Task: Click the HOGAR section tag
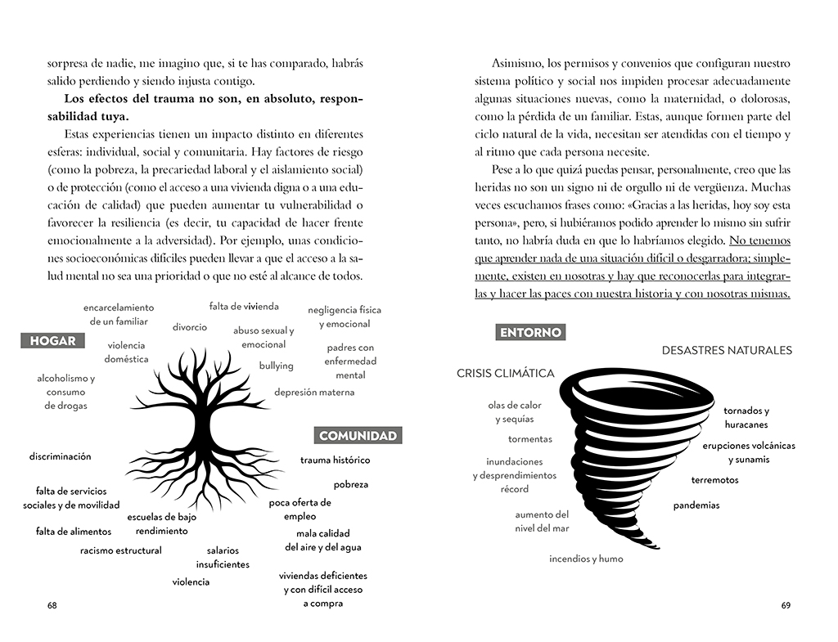[x=52, y=341]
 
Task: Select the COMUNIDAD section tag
[x=358, y=436]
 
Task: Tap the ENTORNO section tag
[x=530, y=332]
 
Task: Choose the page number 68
[x=52, y=606]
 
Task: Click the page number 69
[x=786, y=606]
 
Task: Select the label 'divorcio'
[x=190, y=327]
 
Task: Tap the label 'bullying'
[x=277, y=366]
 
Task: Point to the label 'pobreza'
[x=350, y=484]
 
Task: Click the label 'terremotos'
[x=714, y=480]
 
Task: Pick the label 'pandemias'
[x=696, y=505]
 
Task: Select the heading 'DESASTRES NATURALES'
[x=727, y=350]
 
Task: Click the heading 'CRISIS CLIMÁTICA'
[x=505, y=374]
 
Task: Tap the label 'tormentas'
[x=529, y=439]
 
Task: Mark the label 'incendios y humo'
[x=586, y=559]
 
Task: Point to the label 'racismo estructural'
[x=121, y=550]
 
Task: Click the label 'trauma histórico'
[x=335, y=460]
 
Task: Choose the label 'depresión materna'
[x=314, y=393]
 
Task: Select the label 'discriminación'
[x=61, y=456]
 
